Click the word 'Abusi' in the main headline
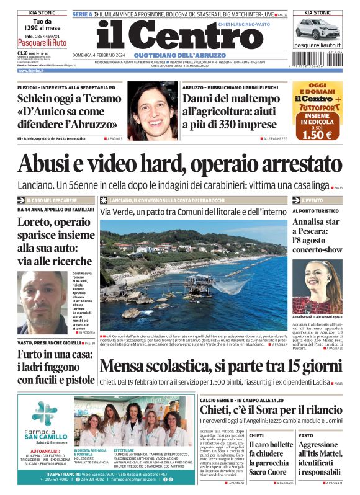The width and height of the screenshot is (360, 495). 45,163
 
